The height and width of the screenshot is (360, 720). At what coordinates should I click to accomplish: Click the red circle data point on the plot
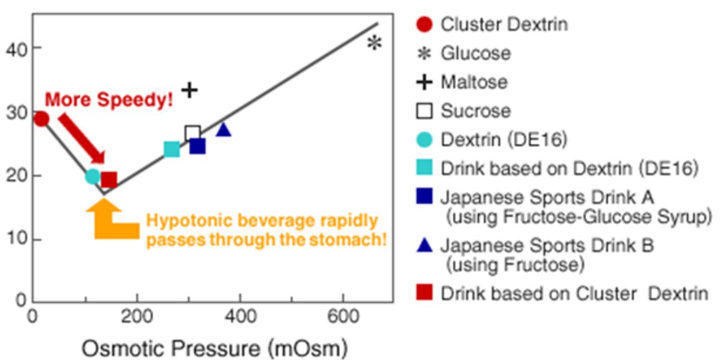pyautogui.click(x=40, y=119)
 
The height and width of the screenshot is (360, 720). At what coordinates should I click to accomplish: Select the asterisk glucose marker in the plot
pyautogui.click(x=374, y=43)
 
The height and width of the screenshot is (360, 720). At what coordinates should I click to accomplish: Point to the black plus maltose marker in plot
pyautogui.click(x=190, y=90)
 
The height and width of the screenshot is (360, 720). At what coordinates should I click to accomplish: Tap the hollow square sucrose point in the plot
pyautogui.click(x=192, y=133)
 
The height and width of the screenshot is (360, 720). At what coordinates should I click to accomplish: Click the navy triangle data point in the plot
pyautogui.click(x=223, y=129)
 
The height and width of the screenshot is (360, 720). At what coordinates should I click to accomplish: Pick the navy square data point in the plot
pyautogui.click(x=197, y=146)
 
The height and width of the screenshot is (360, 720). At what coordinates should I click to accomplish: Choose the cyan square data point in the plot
pyautogui.click(x=172, y=149)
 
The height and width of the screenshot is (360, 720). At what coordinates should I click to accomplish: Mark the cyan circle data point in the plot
pyautogui.click(x=92, y=176)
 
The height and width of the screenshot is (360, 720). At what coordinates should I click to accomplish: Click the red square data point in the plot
pyautogui.click(x=109, y=179)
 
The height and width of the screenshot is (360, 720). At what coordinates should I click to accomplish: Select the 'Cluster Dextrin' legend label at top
pyautogui.click(x=504, y=25)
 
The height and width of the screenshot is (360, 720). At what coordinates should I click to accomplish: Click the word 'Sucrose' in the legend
pyautogui.click(x=476, y=111)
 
